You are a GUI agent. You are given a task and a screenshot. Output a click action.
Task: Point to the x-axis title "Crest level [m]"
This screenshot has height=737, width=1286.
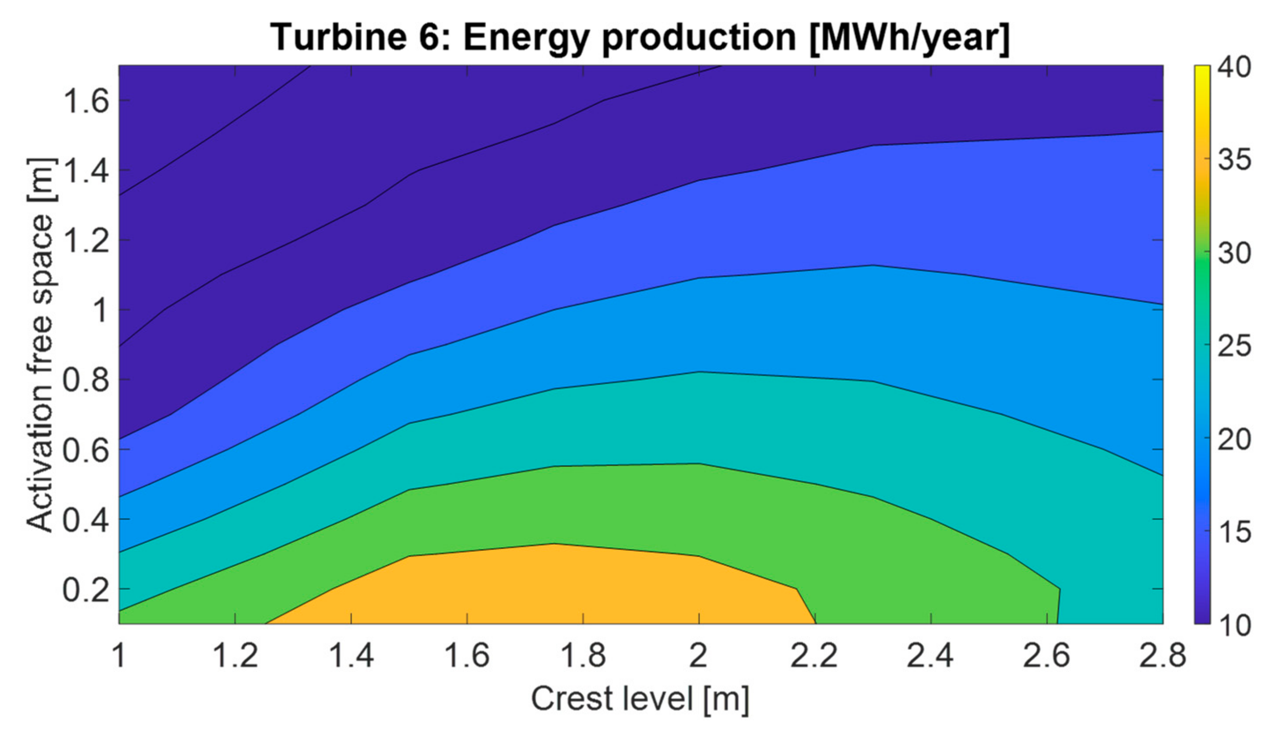(x=640, y=699)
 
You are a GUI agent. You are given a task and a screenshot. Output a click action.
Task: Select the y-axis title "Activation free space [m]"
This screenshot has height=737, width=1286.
(x=41, y=344)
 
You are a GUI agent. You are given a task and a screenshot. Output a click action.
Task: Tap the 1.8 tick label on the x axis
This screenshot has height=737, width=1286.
(x=583, y=655)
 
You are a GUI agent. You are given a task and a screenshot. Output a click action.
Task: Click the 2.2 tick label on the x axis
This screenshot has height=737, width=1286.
(x=815, y=655)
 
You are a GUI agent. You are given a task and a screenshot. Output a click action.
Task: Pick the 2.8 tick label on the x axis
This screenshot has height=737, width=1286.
(x=1162, y=655)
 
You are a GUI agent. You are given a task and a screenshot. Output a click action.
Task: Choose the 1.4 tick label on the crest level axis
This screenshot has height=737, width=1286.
(x=351, y=655)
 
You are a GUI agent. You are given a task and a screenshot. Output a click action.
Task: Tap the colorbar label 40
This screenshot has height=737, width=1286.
(x=1234, y=67)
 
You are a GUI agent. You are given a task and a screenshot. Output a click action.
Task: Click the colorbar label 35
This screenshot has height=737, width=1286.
(x=1234, y=160)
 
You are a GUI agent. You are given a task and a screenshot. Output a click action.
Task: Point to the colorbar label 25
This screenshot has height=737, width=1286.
(x=1234, y=346)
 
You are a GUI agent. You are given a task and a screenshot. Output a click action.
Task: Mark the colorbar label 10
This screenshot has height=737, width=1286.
(x=1234, y=625)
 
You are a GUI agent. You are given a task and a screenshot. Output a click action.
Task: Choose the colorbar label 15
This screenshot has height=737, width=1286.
(x=1234, y=532)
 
